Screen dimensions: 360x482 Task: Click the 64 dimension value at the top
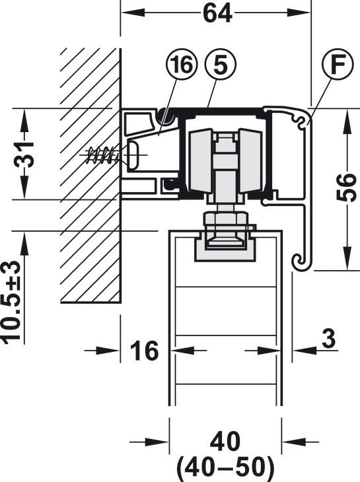click(217, 13)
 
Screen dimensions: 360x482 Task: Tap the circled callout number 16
click(182, 64)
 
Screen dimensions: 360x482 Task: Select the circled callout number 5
click(220, 64)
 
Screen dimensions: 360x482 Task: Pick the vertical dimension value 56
click(347, 188)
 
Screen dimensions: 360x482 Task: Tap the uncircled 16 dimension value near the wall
click(145, 351)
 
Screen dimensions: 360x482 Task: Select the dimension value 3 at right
click(329, 339)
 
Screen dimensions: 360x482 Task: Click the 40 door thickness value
click(225, 442)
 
